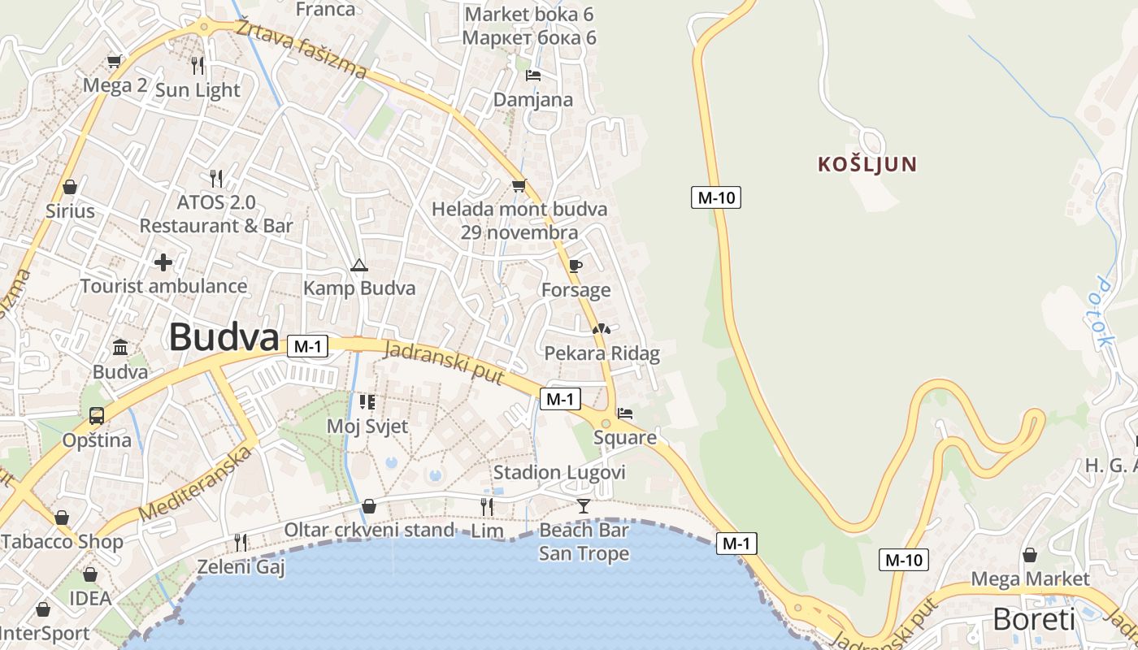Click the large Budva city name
coord(224,336)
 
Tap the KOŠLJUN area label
coord(867,164)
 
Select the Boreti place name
coord(1033,619)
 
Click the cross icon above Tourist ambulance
coord(163,262)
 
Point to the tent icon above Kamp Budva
coord(358,265)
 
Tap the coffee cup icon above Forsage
coord(576,266)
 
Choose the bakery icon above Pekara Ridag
coord(602,330)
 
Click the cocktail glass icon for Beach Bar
coord(584,506)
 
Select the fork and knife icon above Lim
coord(487,506)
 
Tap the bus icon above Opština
coord(97,416)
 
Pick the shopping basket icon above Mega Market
coord(1030,555)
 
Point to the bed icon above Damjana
coord(533,76)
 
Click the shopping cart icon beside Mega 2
coord(115,61)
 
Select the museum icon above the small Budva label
coord(120,348)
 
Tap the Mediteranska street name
coord(196,484)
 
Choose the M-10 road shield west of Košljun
coord(716,197)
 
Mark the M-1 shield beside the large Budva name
coord(307,346)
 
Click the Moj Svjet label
coord(367,426)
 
